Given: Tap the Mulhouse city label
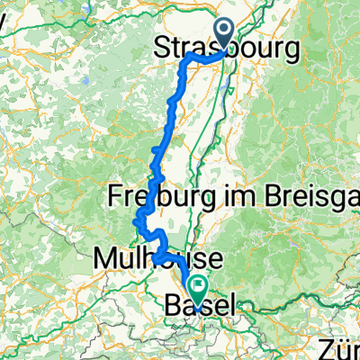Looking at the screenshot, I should pos(148,261).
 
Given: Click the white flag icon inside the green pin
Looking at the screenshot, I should pos(197,286).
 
